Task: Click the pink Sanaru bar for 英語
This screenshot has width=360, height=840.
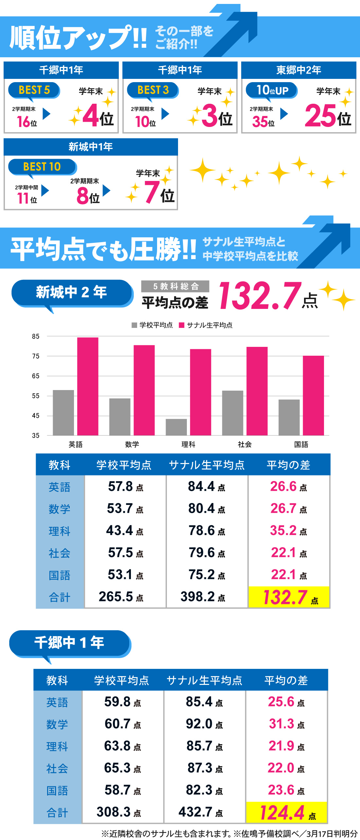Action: pos(88,386)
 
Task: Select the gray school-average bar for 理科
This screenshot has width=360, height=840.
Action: pos(176,427)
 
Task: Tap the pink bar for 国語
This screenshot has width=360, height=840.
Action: pos(313,395)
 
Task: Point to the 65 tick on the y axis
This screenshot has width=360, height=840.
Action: pos(36,376)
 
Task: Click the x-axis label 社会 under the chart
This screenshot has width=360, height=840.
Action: pos(245,444)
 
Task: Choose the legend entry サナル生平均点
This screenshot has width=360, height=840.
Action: pos(206,325)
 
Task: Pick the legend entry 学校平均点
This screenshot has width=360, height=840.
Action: pos(153,325)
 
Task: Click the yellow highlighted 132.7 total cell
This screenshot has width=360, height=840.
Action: pos(289,597)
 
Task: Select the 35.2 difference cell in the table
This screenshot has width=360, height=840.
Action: pos(288,530)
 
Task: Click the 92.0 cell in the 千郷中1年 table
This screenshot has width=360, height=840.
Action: pos(204,724)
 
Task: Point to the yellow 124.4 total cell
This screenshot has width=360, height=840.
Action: pos(287,813)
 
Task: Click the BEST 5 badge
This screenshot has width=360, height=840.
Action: pos(34,90)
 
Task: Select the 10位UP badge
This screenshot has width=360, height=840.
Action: pos(272,90)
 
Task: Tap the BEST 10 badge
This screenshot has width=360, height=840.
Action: pos(42,167)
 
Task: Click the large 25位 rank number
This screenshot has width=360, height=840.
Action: pos(327,116)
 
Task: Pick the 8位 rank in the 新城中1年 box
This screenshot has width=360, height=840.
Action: pos(88,196)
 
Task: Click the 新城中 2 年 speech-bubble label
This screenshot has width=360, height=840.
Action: pos(71,292)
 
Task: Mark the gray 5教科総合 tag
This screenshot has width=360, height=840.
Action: pos(175,286)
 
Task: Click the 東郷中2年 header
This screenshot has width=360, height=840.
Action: pos(298,70)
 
